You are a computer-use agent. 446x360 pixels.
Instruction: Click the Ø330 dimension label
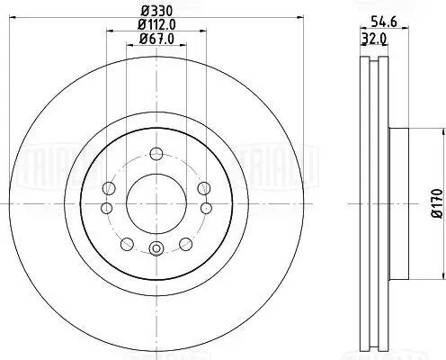[156, 12]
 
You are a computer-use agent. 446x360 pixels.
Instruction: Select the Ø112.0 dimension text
[156, 24]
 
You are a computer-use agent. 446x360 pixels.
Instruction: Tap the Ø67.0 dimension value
[156, 39]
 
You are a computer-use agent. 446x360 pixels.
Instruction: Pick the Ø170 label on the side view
[437, 203]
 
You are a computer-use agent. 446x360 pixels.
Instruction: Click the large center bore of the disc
[156, 203]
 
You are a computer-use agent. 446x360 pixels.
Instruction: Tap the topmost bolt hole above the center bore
[156, 154]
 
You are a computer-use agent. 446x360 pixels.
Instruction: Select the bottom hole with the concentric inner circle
[156, 248]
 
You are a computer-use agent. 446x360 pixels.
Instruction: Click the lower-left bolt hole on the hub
[127, 244]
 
